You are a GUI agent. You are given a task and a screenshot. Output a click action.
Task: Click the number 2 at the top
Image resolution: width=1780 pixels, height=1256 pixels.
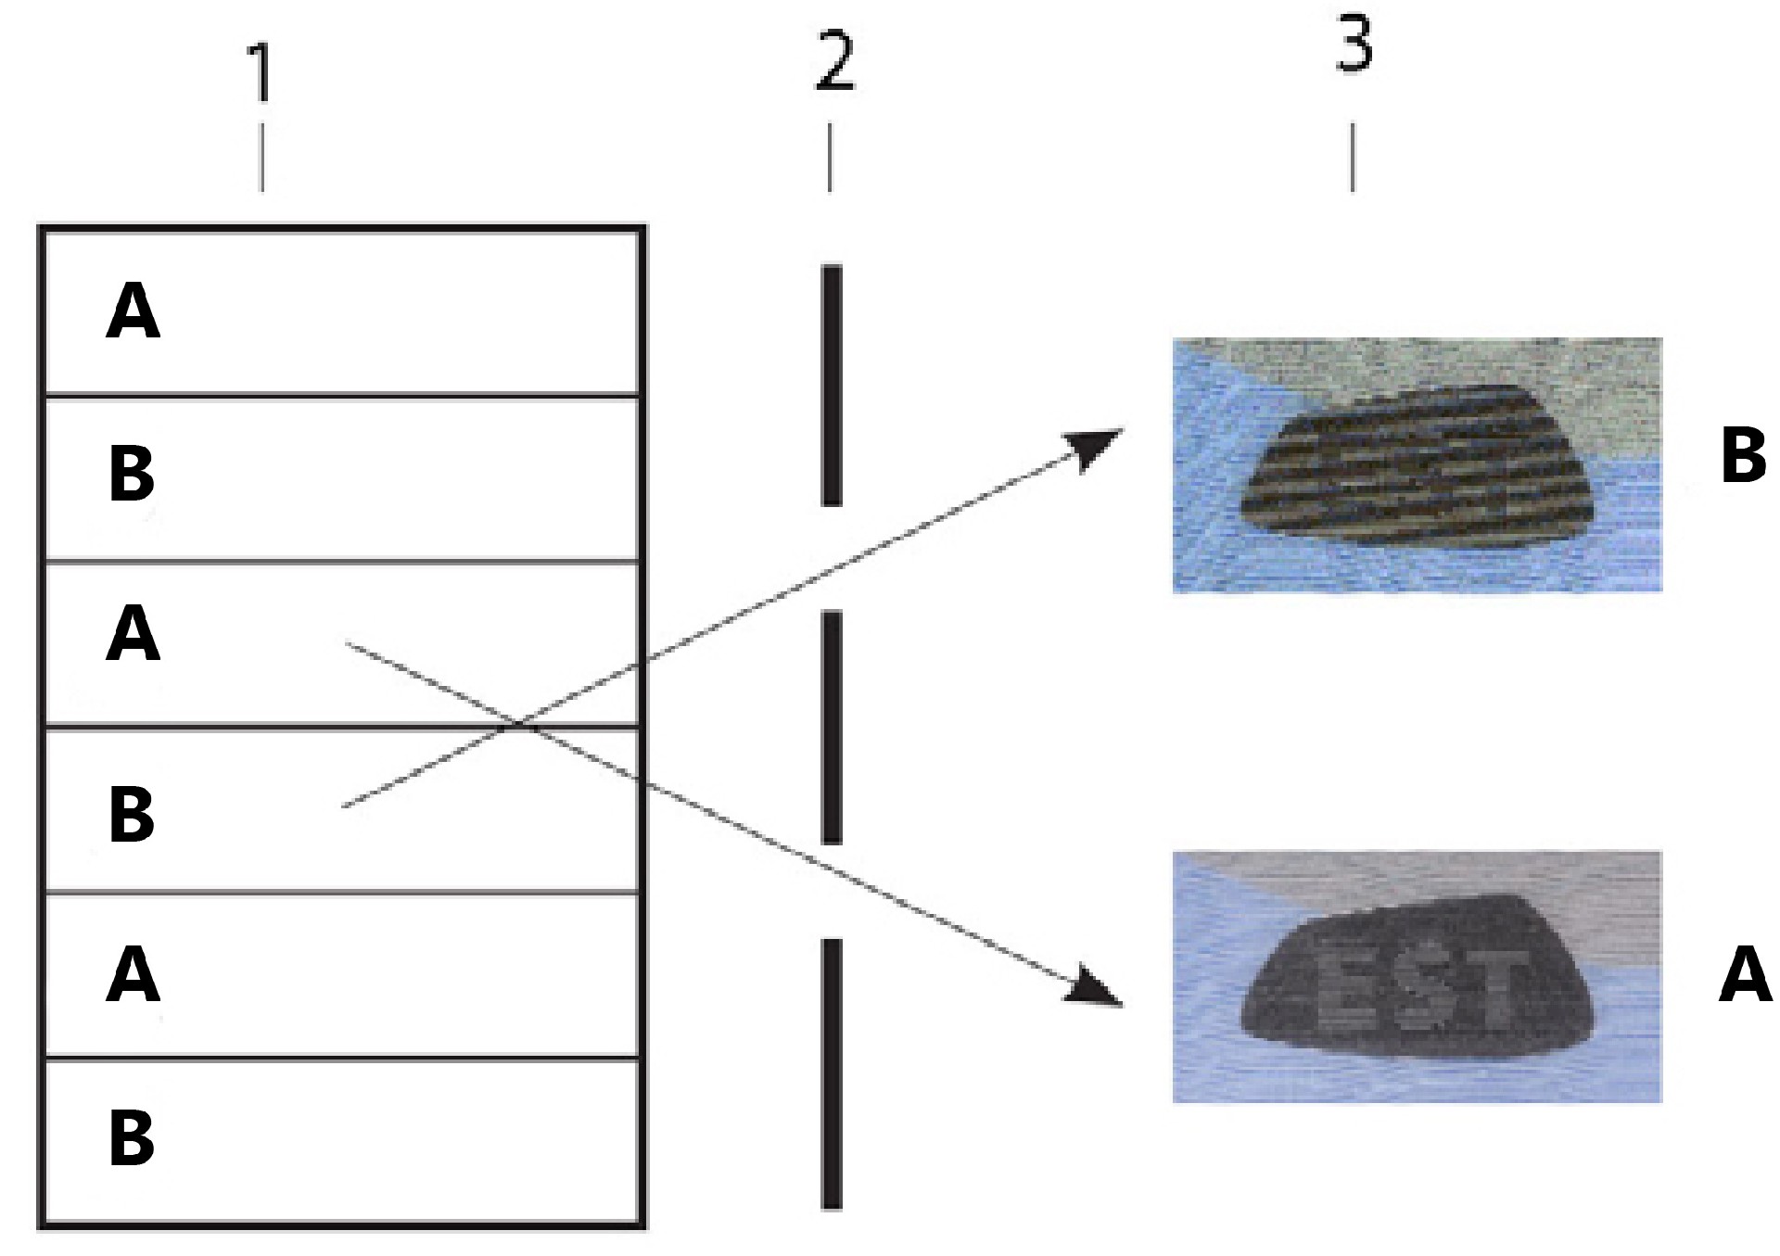coord(834,60)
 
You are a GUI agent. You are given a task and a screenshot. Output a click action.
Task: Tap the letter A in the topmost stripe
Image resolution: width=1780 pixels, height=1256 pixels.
coord(133,312)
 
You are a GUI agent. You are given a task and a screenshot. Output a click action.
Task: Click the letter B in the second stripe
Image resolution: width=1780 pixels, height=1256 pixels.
coord(132,473)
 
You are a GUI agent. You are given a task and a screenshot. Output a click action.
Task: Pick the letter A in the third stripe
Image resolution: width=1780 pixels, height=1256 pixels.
coord(133,634)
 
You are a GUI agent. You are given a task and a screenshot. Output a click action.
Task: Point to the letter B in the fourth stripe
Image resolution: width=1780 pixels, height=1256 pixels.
coord(132,814)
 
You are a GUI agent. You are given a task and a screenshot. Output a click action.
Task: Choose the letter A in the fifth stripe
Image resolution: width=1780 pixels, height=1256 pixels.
coord(133,975)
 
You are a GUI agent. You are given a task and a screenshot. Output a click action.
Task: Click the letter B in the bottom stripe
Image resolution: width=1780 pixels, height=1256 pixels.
coord(132,1137)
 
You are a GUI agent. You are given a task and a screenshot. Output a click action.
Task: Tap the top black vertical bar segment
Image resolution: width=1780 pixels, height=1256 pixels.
coord(832,386)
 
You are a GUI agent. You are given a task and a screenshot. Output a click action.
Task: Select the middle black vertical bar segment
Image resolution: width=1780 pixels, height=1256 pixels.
coord(832,728)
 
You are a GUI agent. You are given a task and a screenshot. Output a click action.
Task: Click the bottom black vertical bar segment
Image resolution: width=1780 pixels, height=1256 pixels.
coord(832,1074)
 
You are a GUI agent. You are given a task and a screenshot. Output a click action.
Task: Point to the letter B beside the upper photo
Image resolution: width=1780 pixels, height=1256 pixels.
coord(1743,455)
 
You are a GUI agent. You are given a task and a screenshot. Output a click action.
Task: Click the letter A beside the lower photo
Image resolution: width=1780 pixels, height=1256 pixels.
coord(1745,973)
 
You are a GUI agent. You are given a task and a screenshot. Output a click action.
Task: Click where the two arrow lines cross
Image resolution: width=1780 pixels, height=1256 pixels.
coord(521,724)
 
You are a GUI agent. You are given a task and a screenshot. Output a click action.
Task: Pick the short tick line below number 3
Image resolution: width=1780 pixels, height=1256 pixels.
coord(1353,157)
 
